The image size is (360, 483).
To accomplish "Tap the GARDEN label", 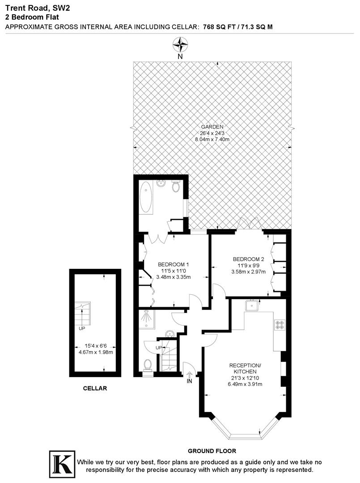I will [212, 127].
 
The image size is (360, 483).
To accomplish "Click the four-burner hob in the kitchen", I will [280, 324].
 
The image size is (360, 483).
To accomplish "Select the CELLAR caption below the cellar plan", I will [95, 388].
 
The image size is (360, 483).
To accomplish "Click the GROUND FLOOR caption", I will [212, 451].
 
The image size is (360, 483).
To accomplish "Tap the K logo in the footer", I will [61, 464].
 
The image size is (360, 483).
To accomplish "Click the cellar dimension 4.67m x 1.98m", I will [95, 352].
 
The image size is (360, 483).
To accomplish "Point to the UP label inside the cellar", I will [82, 328].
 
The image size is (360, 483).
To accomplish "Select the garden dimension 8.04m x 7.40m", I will [212, 140].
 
